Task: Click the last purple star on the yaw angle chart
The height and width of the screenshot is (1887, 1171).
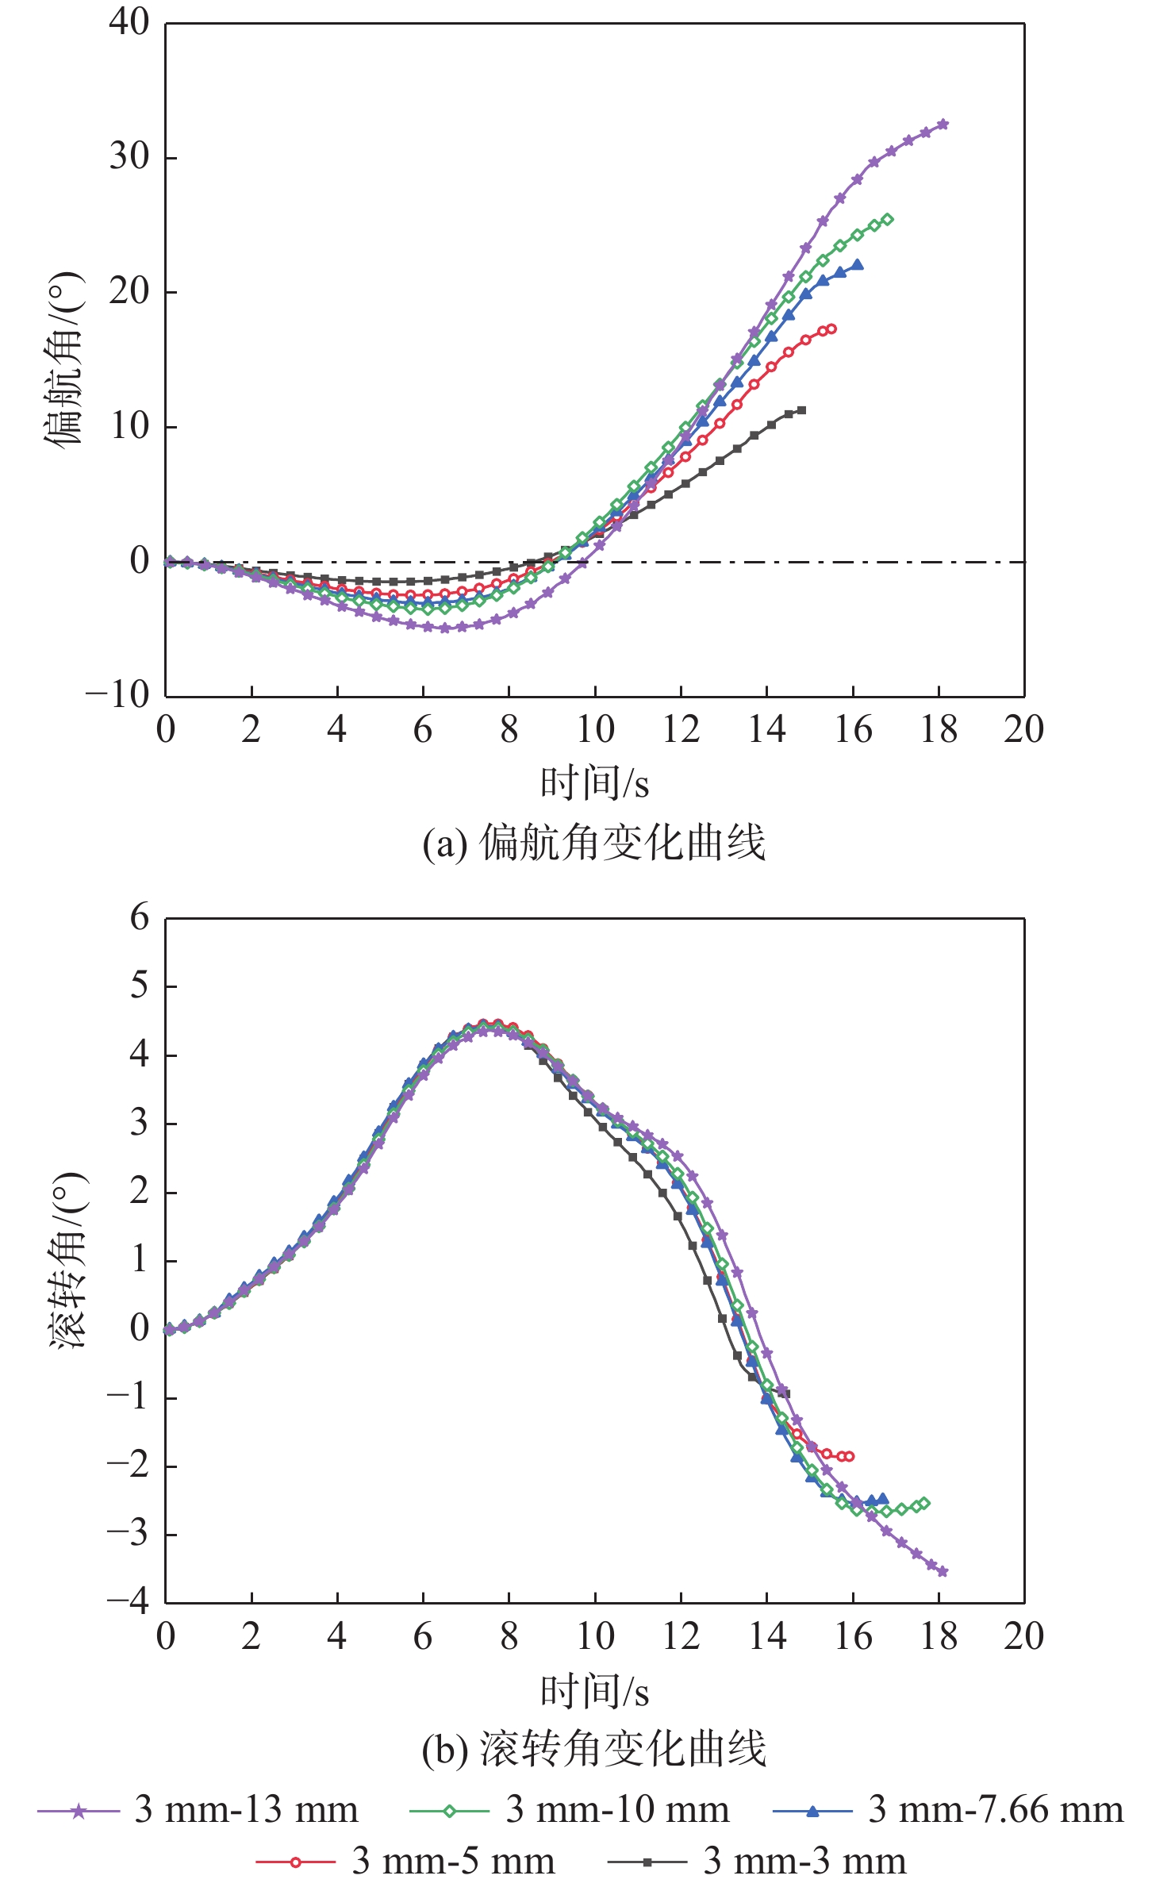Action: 943,125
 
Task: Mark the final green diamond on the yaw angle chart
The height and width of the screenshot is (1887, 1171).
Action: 887,220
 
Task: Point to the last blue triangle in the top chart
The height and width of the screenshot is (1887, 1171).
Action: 858,265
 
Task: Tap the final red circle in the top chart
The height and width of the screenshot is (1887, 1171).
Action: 831,329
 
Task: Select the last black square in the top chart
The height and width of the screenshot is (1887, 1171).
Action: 802,410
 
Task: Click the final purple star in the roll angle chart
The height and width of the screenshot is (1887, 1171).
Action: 943,1571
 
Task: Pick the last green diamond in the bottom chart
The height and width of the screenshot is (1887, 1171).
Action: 923,1504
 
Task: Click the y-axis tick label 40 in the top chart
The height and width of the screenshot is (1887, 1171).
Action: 129,22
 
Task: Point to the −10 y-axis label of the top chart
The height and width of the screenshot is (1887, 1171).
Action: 117,695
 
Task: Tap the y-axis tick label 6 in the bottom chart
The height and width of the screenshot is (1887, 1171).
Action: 140,917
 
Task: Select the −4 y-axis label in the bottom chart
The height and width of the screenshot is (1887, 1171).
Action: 129,1601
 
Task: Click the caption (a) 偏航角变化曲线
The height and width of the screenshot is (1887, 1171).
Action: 594,843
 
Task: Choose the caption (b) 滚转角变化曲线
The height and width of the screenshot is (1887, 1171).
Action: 594,1749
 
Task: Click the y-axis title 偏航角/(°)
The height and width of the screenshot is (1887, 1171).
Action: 63,359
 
